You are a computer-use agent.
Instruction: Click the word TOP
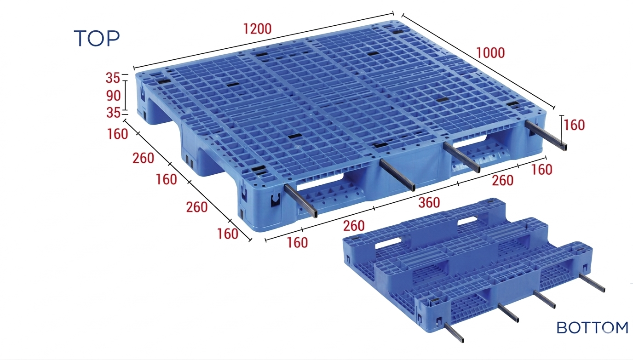(97, 39)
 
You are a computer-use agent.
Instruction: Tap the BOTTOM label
(593, 328)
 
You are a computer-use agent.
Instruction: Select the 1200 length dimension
(257, 29)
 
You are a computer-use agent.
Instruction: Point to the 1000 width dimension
(490, 53)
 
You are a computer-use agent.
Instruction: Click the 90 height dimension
(113, 96)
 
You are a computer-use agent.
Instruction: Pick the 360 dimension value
(429, 202)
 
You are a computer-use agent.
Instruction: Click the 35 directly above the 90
(113, 78)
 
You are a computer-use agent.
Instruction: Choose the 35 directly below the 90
(113, 113)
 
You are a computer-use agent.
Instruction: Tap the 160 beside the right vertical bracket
(574, 125)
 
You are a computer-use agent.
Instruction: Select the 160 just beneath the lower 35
(117, 134)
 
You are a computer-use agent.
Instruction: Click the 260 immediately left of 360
(354, 226)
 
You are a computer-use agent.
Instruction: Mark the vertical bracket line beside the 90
(126, 96)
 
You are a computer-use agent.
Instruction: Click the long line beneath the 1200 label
(264, 40)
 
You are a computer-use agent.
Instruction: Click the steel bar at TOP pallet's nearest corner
(301, 200)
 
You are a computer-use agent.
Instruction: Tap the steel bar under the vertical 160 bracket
(546, 136)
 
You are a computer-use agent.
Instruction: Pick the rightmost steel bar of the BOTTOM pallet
(592, 283)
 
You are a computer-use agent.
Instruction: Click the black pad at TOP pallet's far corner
(397, 32)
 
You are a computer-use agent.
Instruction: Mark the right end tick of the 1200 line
(393, 13)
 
